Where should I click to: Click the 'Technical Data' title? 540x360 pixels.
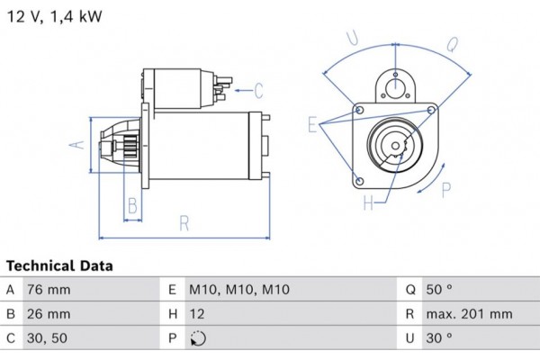(59, 266)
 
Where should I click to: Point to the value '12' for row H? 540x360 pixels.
(197, 314)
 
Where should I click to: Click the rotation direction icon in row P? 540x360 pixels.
(199, 339)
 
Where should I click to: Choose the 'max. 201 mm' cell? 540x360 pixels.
(471, 314)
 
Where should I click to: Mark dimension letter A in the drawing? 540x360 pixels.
(78, 144)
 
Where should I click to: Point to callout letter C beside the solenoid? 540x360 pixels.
(258, 90)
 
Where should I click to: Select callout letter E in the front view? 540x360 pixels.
(311, 125)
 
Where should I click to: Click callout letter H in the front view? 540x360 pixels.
(367, 203)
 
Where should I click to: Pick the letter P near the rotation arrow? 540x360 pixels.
(447, 188)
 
